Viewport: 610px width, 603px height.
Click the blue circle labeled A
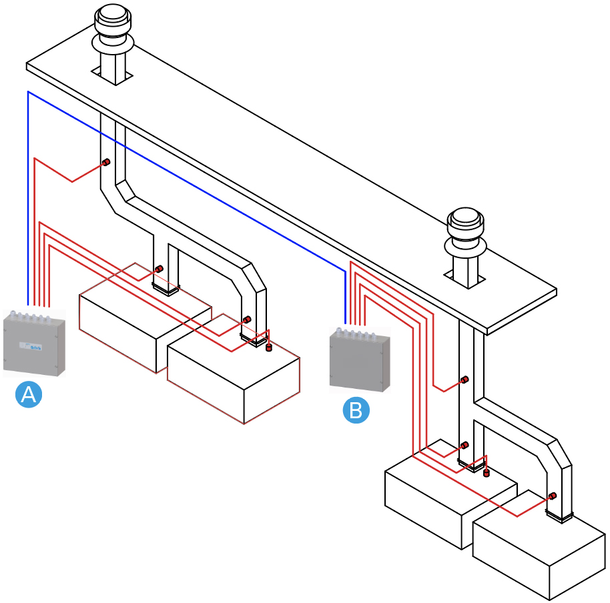click(x=29, y=394)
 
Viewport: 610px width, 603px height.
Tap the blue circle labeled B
click(x=356, y=410)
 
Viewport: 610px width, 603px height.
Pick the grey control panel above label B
click(x=359, y=360)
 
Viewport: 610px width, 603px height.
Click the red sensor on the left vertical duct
click(x=105, y=163)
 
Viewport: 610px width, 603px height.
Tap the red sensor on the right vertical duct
click(x=464, y=380)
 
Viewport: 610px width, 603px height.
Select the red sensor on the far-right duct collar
click(x=553, y=496)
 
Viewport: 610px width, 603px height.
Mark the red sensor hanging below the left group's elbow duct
click(x=270, y=347)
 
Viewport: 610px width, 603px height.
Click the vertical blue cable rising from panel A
click(x=27, y=200)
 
